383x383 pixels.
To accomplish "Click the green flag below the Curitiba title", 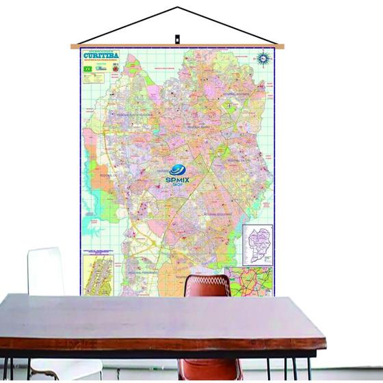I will (x=87, y=70).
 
